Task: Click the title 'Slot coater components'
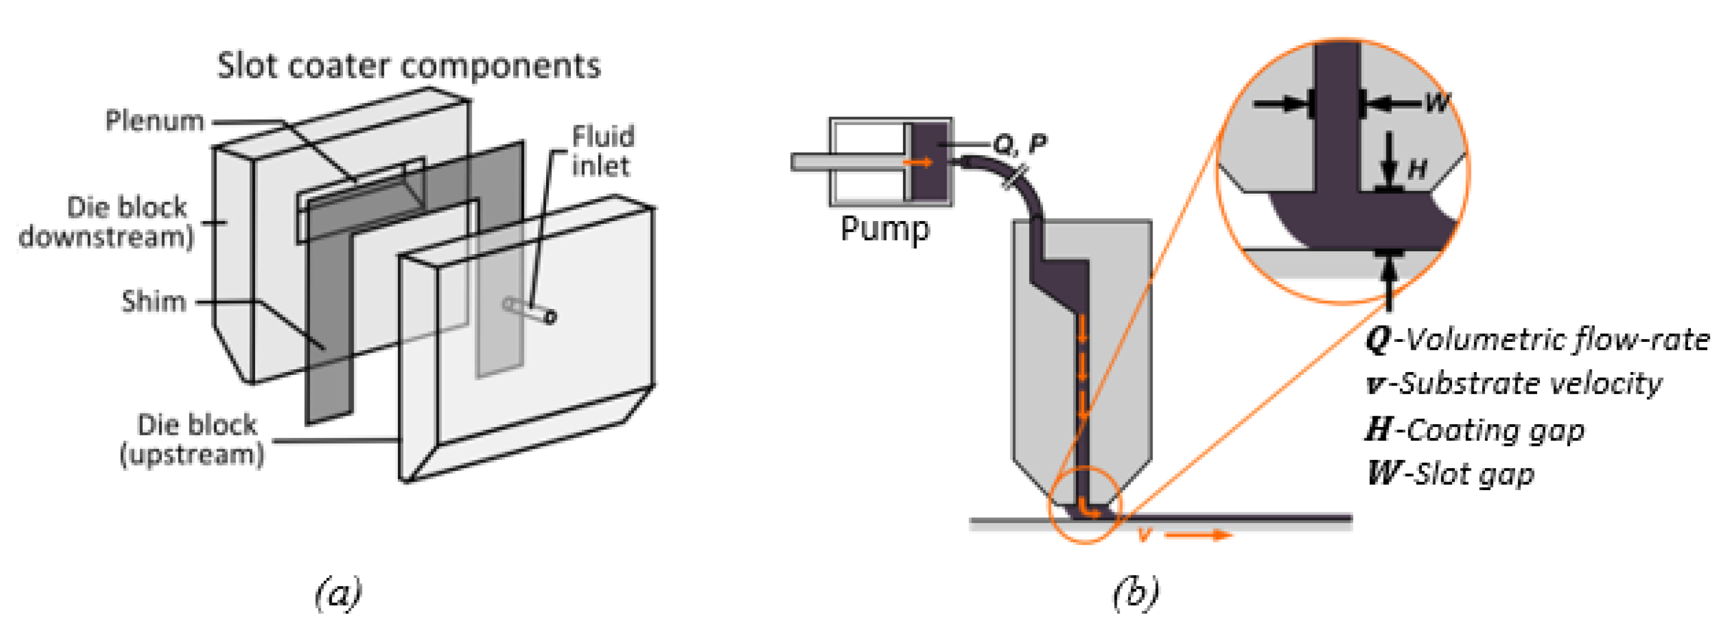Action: (408, 67)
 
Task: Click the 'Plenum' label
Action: (155, 121)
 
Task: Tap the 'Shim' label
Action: (153, 302)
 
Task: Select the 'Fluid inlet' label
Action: (603, 152)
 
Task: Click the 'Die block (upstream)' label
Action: (192, 440)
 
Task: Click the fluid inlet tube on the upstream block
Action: (530, 311)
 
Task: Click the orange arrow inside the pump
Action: (918, 162)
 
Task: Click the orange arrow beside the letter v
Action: (1198, 535)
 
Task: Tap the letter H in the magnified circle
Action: (1417, 169)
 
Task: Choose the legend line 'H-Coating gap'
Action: (1475, 430)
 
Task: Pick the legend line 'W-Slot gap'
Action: (1451, 473)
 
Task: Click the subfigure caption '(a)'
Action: (338, 592)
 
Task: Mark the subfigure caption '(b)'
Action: (1136, 592)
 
